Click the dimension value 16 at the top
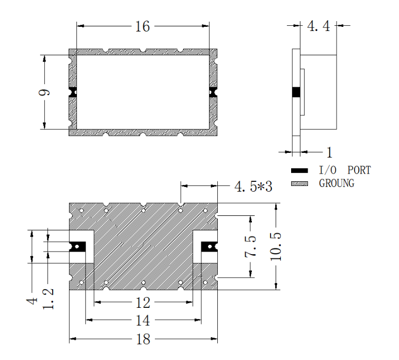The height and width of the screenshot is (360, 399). (142, 26)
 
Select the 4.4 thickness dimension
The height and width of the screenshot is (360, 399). (318, 26)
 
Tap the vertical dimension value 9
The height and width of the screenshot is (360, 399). (44, 92)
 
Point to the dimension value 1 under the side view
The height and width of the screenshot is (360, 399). (329, 152)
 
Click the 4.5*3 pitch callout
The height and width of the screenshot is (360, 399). (253, 186)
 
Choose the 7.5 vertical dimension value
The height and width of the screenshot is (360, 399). (250, 246)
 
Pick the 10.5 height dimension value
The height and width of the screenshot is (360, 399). (276, 246)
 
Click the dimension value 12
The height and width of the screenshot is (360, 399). (143, 303)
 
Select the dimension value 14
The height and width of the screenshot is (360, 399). (143, 320)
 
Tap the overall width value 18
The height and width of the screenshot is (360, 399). (143, 339)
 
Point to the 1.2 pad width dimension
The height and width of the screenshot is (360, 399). (48, 299)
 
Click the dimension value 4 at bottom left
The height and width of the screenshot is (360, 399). (32, 301)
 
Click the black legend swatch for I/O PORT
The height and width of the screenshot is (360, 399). (299, 170)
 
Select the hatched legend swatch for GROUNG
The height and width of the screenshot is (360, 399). (299, 183)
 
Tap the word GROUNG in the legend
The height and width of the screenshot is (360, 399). (337, 183)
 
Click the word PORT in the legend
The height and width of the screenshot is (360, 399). (359, 170)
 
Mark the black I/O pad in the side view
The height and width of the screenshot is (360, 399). (296, 92)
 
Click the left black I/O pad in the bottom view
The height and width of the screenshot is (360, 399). (77, 246)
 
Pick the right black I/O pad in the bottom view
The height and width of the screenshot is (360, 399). (209, 246)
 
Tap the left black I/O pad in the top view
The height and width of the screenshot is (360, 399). (73, 92)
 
